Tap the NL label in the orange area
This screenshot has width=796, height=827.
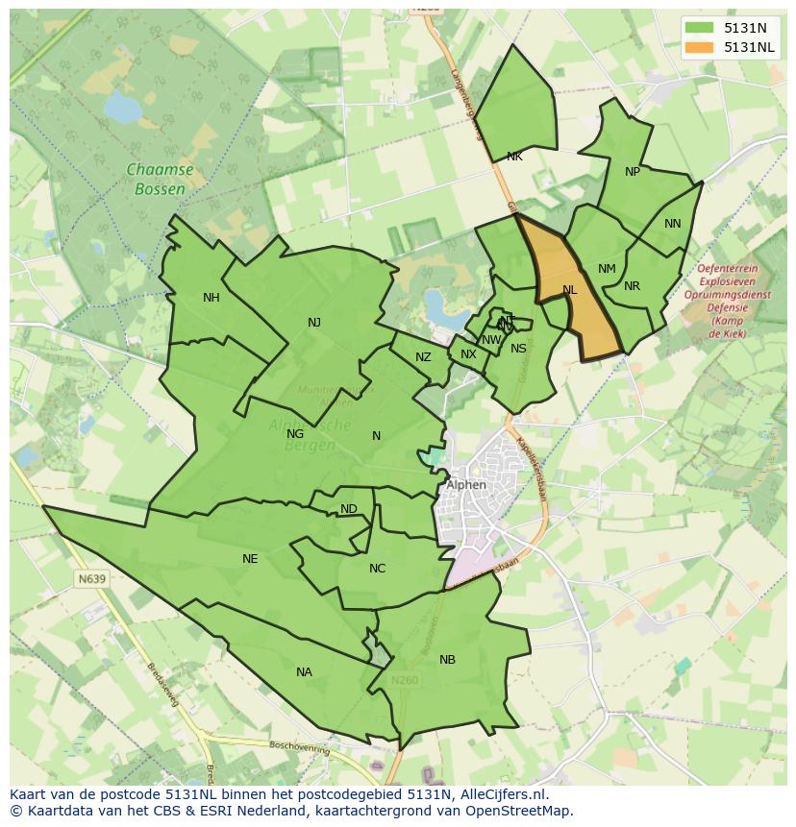pos(570,290)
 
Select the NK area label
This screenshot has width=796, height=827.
pos(514,157)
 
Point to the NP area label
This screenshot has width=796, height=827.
pos(632,172)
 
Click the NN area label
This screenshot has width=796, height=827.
pos(672,224)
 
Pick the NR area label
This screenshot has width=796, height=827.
pos(632,286)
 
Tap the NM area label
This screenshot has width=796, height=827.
pos(607,269)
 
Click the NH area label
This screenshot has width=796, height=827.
pos(211,298)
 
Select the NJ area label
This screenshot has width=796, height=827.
pos(314,323)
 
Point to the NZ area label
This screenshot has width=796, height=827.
pos(423,357)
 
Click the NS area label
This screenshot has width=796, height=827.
pos(518,349)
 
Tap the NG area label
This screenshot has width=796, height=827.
pos(295,434)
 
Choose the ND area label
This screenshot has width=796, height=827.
pos(349,509)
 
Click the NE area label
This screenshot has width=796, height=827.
pos(250,559)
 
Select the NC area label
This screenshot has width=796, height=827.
pos(377,569)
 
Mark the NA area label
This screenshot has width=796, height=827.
pos(304,672)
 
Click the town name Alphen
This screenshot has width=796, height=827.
pos(466,485)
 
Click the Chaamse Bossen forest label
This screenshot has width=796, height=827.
pos(160,180)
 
